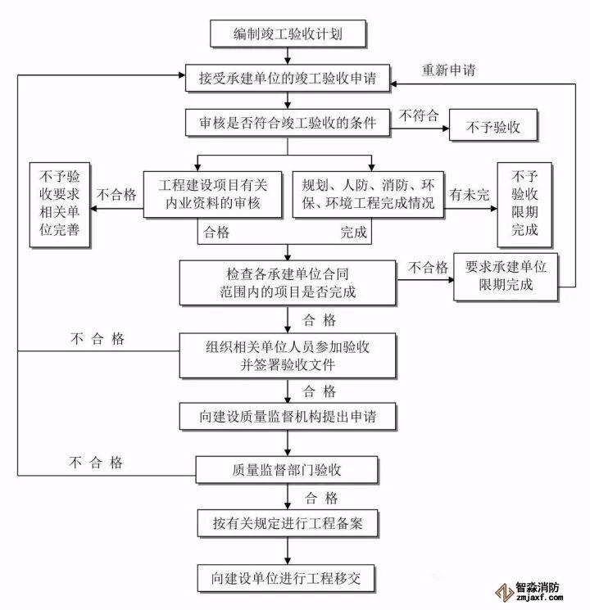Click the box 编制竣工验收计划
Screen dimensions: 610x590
pos(288,34)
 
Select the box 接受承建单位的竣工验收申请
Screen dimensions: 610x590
pos(288,79)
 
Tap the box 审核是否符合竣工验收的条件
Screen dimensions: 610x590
pos(288,124)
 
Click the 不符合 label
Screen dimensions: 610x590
pos(417,115)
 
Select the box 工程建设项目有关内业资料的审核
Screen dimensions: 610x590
pos(211,194)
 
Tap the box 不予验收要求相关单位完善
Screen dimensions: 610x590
pos(58,206)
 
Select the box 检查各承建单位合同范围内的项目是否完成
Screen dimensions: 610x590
pos(288,281)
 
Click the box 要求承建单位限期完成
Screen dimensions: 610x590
pos(505,277)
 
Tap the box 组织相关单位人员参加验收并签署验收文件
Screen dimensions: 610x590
pos(288,355)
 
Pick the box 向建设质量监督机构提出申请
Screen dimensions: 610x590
pos(288,417)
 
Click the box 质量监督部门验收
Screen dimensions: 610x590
pos(288,470)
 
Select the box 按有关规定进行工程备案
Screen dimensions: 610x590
pos(288,522)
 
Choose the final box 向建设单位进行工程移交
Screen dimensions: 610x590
pos(288,577)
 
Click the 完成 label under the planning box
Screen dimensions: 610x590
pos(354,233)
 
